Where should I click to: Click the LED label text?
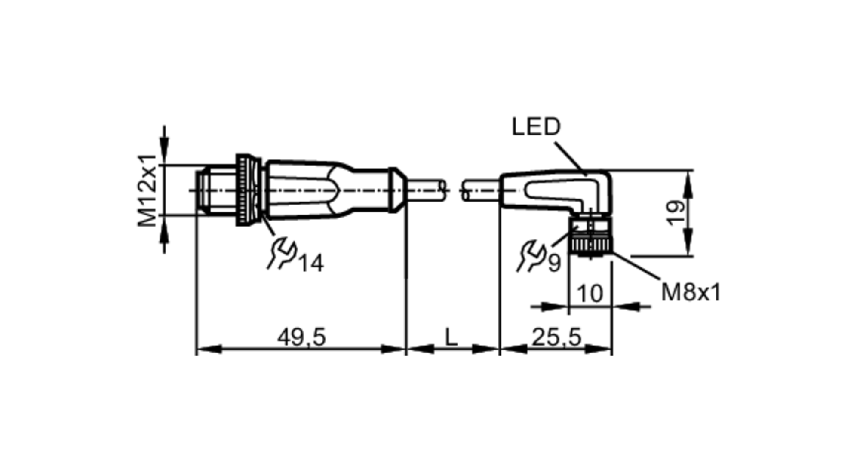(x=536, y=127)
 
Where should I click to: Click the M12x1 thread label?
(x=147, y=190)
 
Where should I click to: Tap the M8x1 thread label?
(x=690, y=293)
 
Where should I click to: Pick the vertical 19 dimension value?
(x=675, y=212)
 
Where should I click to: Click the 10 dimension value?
(x=590, y=294)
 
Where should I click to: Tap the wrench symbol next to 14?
(x=282, y=254)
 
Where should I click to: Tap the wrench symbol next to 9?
(x=531, y=256)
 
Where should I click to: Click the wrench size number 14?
(x=311, y=263)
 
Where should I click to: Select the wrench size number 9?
(x=554, y=263)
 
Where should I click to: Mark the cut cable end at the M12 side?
(x=443, y=190)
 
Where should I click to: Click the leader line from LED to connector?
(x=570, y=158)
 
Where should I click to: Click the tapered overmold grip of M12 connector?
(x=301, y=190)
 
